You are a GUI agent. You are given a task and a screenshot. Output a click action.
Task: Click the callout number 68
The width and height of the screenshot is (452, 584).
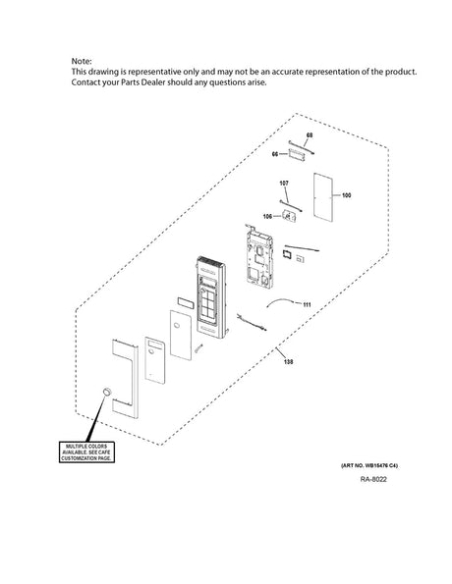tap(310, 133)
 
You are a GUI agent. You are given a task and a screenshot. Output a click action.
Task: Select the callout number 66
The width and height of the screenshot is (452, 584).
tap(275, 153)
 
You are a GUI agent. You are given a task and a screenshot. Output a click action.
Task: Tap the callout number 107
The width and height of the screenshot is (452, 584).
tap(283, 183)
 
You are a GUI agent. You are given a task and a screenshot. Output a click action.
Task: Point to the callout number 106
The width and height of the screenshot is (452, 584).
tap(267, 217)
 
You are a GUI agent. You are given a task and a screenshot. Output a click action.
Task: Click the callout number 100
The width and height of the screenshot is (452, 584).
tap(346, 196)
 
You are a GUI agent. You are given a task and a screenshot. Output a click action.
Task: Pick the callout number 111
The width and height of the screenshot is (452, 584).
tap(307, 305)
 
